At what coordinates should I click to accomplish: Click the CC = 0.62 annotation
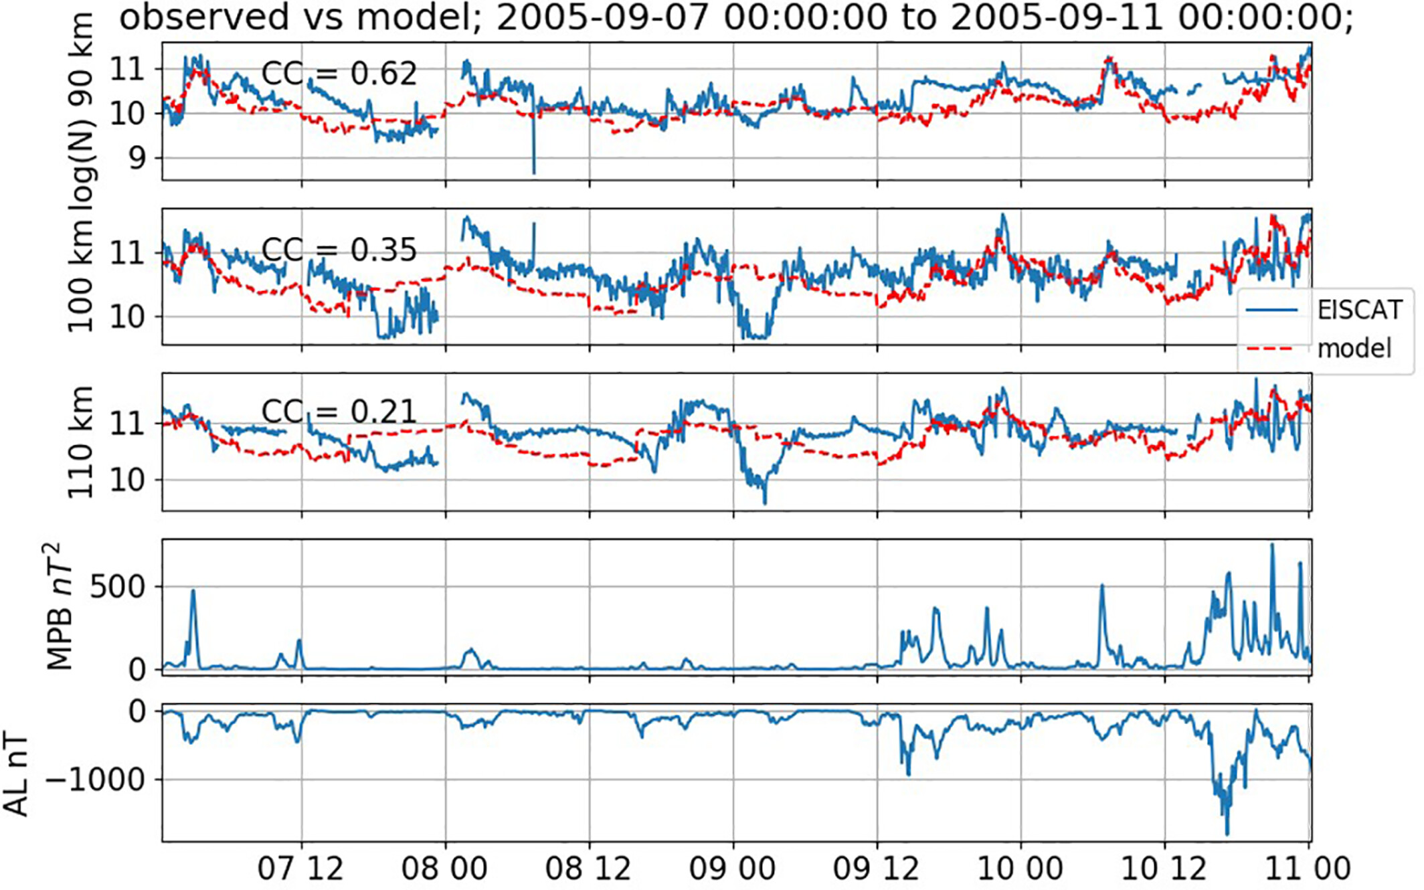tap(339, 74)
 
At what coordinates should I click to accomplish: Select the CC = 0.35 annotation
tap(339, 250)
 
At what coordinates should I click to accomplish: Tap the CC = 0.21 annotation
tap(339, 412)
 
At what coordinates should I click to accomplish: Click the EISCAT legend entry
tap(1358, 310)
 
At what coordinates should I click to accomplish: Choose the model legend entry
tap(1354, 349)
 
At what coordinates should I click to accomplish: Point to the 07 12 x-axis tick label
tap(300, 869)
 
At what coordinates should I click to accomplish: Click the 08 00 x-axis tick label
tap(444, 869)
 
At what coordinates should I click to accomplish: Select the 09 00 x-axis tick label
tap(732, 869)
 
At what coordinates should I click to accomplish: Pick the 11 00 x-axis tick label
tap(1308, 869)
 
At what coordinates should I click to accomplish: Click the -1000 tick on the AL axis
tap(96, 780)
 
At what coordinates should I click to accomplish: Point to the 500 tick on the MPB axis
tap(118, 587)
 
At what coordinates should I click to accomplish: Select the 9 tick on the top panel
tap(136, 159)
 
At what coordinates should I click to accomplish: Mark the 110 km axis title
tap(80, 442)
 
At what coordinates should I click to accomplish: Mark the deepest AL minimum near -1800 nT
tap(1227, 834)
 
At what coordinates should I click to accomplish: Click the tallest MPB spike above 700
tap(1272, 545)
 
